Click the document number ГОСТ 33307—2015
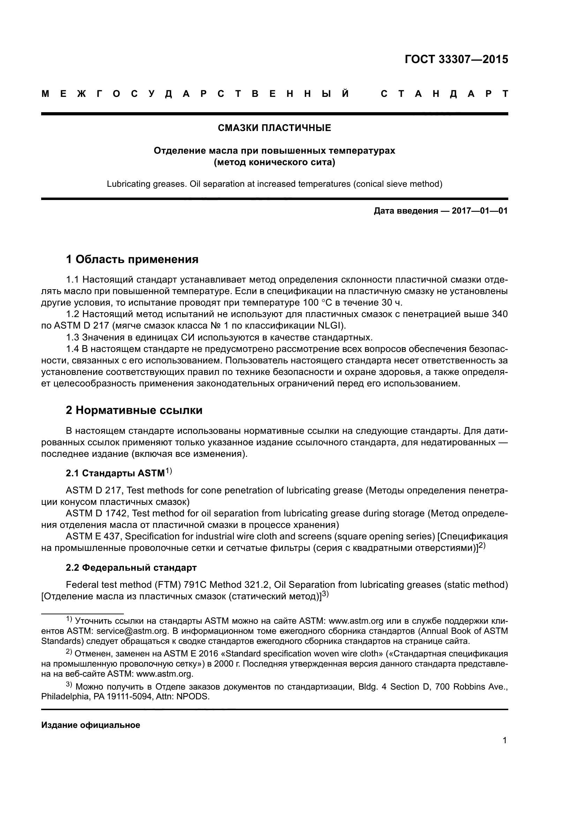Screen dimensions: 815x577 coord(456,59)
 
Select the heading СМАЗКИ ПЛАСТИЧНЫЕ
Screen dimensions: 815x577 coord(274,128)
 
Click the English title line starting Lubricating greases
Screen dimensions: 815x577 coord(274,184)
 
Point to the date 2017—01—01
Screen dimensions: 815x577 coord(479,211)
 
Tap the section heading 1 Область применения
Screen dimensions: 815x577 coord(132,260)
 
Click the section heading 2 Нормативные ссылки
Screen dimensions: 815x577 coord(134,410)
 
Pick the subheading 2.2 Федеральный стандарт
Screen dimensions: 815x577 coord(131,568)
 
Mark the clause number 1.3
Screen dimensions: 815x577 coord(73,337)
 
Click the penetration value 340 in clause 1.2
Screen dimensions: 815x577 coord(500,314)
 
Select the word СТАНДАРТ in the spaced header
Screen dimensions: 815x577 coord(444,94)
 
